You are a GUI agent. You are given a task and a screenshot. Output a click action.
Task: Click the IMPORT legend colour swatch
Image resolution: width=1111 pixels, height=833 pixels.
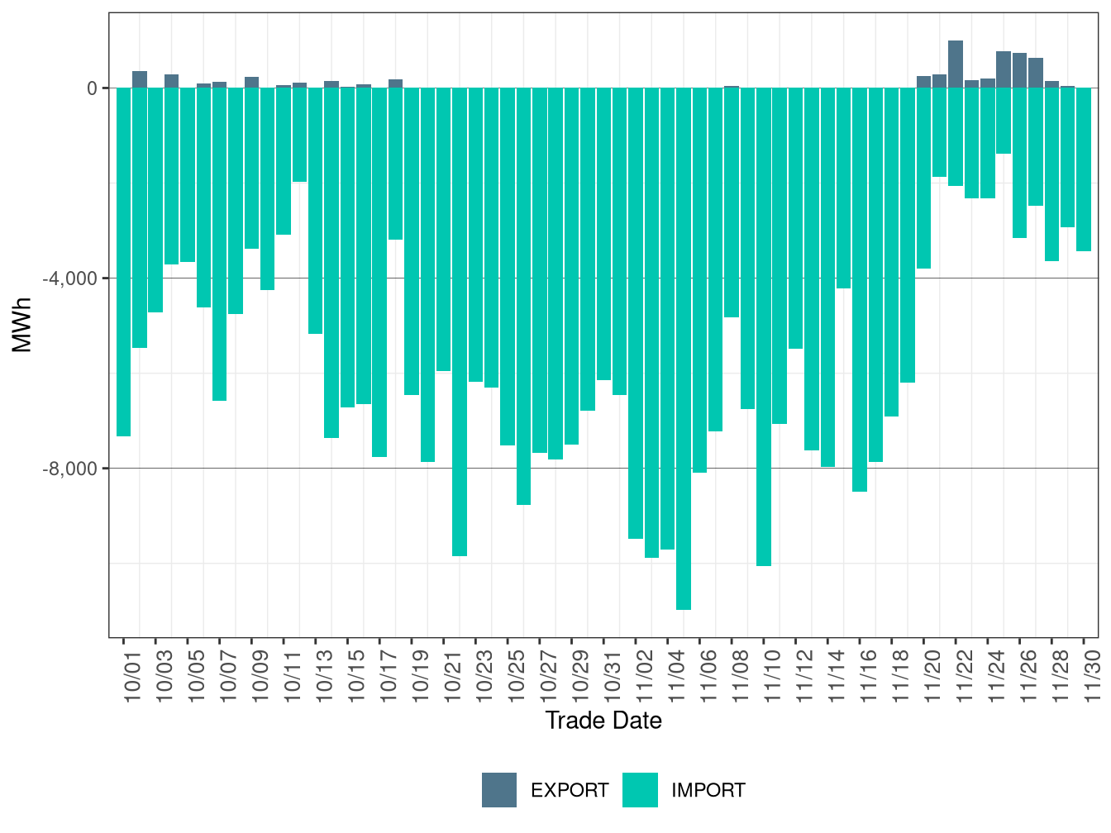640,790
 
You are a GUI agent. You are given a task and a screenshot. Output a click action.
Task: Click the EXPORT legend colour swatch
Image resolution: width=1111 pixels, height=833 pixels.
499,790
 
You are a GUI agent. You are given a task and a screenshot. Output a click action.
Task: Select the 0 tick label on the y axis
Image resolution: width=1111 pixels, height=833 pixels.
92,88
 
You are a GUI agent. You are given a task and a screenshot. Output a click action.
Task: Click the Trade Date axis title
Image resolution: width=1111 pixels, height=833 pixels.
603,721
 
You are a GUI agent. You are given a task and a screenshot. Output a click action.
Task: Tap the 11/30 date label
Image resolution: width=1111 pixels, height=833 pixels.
1093,674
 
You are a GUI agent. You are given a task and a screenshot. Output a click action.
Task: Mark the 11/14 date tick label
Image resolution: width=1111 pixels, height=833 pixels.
837,674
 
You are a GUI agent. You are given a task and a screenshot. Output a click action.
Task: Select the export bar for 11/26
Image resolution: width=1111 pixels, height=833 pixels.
1019,71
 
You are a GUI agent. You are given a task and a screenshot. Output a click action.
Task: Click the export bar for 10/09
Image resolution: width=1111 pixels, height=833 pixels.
251,83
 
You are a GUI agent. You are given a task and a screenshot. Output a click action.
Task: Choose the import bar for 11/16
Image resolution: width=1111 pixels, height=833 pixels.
860,289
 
